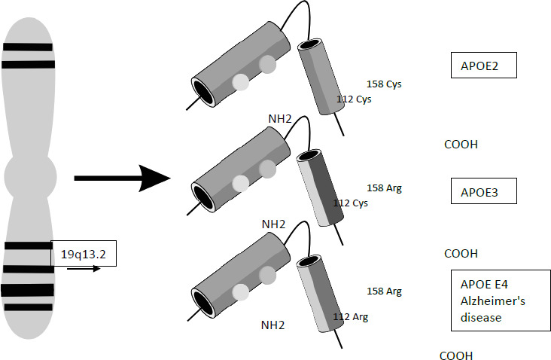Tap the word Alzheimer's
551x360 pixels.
(487, 301)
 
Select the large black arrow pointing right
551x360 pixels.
(123, 178)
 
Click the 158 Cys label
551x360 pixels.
(384, 84)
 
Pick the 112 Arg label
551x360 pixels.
(350, 317)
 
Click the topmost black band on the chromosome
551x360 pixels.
(28, 47)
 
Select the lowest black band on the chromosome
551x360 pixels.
(29, 307)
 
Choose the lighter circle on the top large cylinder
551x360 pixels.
(240, 81)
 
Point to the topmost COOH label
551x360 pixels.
(461, 145)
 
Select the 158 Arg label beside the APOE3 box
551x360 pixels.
(384, 188)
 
